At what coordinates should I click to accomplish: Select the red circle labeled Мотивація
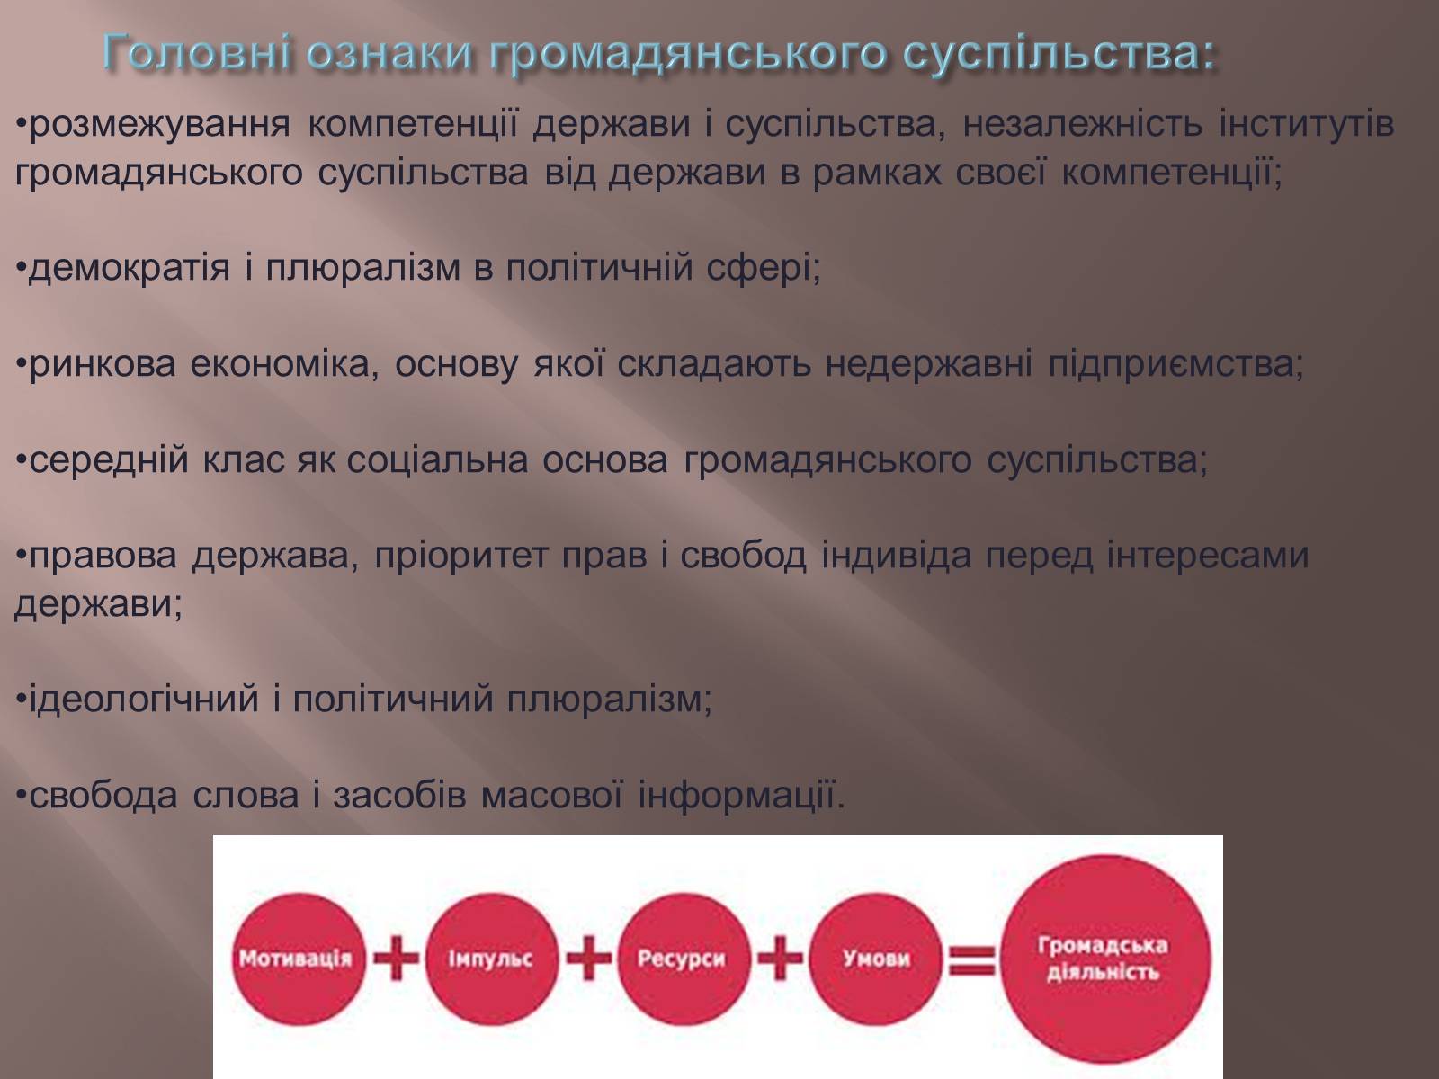pyautogui.click(x=297, y=959)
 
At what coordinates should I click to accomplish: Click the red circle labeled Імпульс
pyautogui.click(x=491, y=959)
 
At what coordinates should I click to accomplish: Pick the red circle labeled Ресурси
pyautogui.click(x=683, y=959)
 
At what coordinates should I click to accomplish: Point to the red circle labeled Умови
pyautogui.click(x=875, y=959)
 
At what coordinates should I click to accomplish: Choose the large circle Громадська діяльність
pyautogui.click(x=1104, y=959)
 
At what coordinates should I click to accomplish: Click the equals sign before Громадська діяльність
pyautogui.click(x=972, y=959)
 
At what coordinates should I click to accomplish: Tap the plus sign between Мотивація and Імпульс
pyautogui.click(x=396, y=959)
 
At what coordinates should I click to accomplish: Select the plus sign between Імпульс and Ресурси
pyautogui.click(x=588, y=959)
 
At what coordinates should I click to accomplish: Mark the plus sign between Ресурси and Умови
pyautogui.click(x=780, y=959)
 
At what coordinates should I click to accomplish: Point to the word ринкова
pyautogui.click(x=103, y=365)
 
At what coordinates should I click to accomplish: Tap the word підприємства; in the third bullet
pyautogui.click(x=1176, y=365)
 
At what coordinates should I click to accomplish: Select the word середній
pyautogui.click(x=109, y=460)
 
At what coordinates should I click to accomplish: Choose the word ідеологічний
pyautogui.click(x=144, y=700)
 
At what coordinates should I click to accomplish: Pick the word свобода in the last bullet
pyautogui.click(x=103, y=796)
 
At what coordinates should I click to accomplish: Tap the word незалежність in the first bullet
pyautogui.click(x=1083, y=124)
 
